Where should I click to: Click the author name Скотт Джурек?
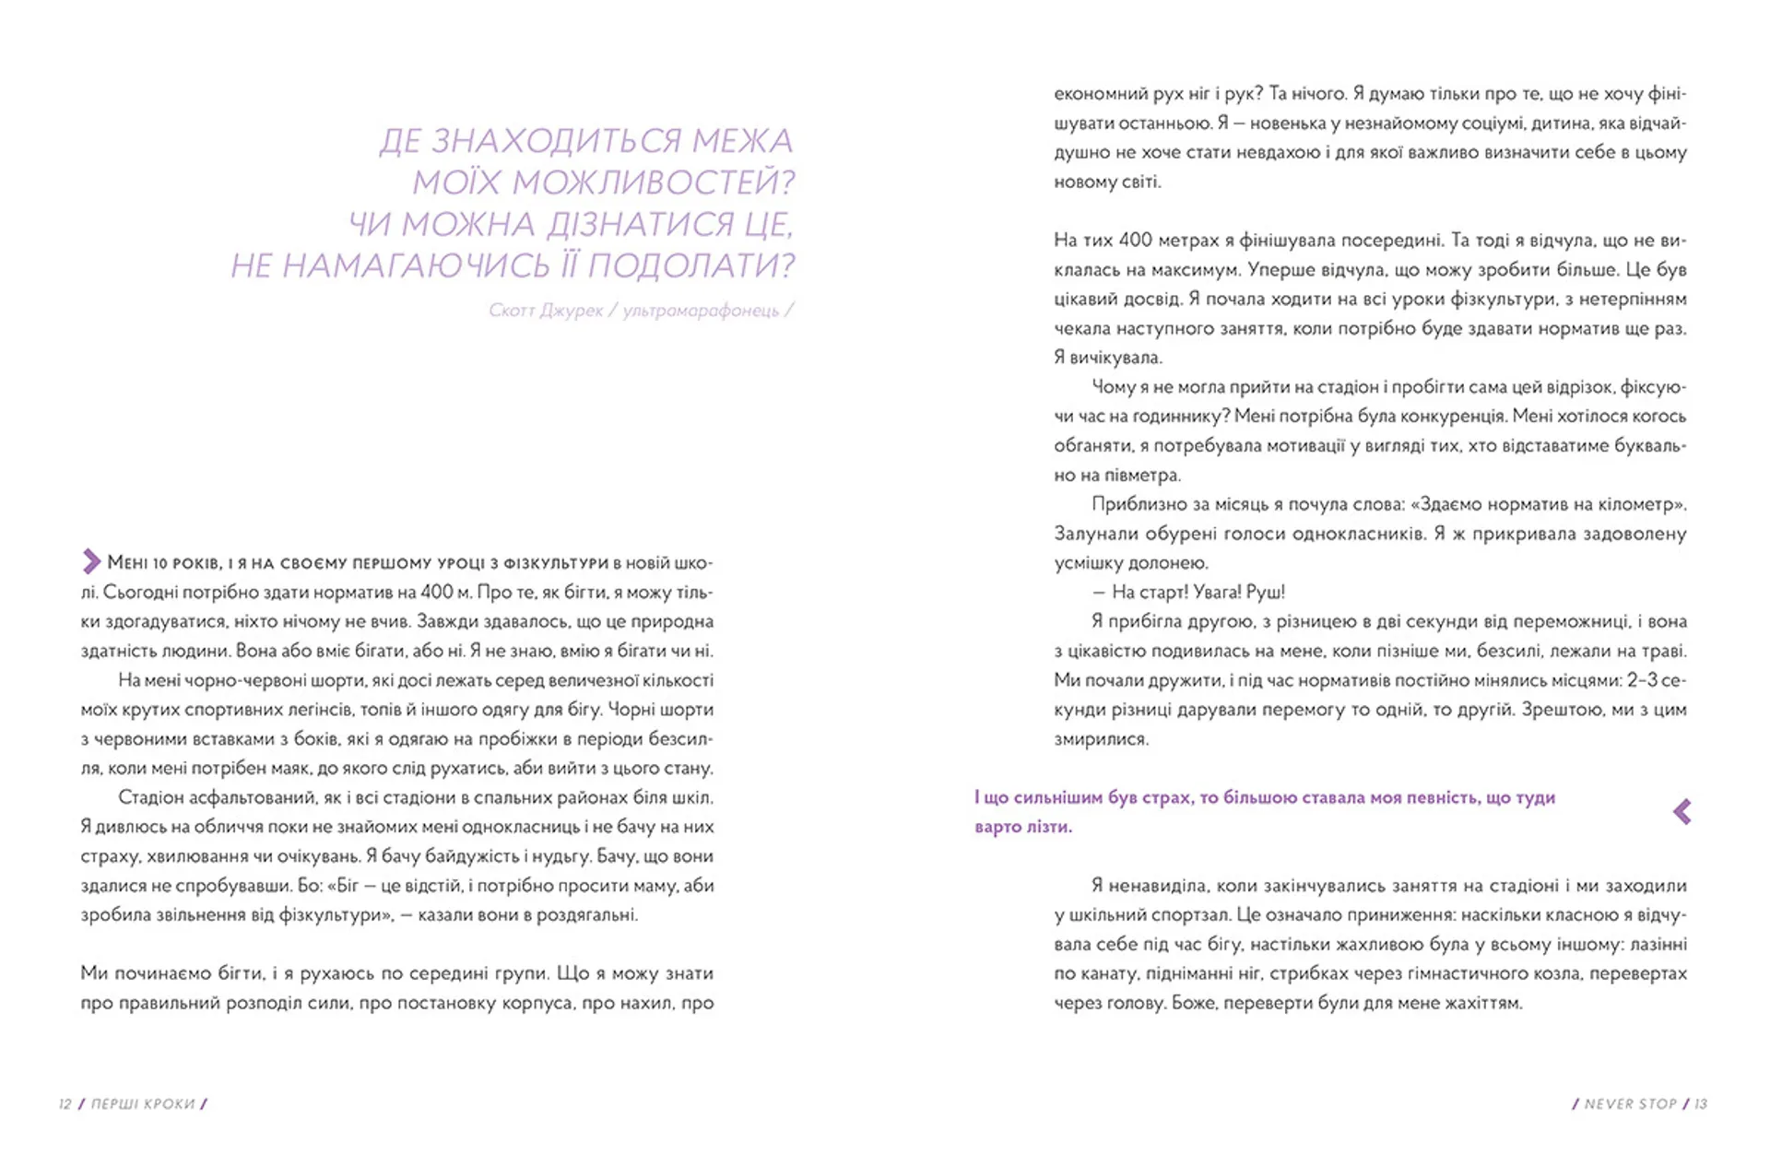545,311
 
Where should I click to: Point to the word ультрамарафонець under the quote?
701,311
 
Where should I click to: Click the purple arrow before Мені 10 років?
91,561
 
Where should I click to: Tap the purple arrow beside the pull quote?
1682,811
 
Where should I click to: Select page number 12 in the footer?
65,1104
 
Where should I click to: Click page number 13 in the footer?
1701,1104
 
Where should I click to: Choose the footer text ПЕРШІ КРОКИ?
143,1104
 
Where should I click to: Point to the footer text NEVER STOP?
1630,1104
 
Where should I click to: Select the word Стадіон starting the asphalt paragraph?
151,798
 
